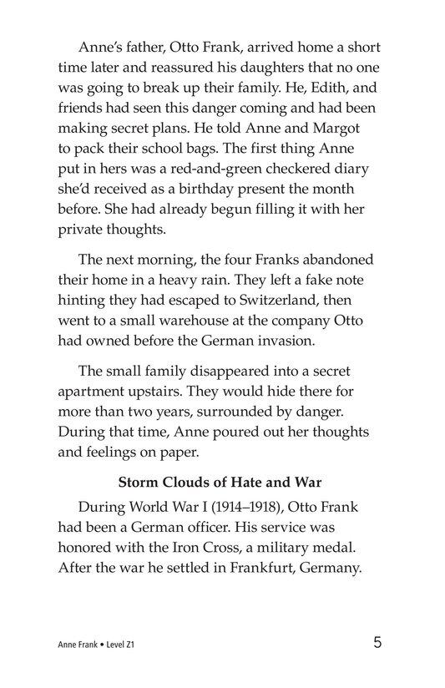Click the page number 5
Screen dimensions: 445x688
[378, 643]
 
